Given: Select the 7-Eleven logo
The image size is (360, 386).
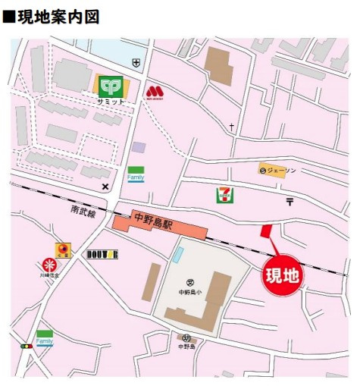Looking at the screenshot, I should [x=225, y=194].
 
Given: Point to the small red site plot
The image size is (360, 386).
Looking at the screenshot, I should [x=265, y=231].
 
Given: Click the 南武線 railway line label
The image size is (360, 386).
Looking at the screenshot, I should [x=83, y=213].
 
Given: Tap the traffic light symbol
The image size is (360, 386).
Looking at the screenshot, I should [x=27, y=346].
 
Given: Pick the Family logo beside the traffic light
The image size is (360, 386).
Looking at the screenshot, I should [x=45, y=337].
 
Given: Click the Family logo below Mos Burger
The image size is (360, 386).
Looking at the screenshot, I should [x=136, y=174].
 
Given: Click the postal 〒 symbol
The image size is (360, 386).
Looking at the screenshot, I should [x=290, y=201].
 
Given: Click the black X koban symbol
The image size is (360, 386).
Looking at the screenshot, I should [x=105, y=186].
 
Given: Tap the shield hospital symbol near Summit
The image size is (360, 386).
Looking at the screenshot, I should [x=136, y=62].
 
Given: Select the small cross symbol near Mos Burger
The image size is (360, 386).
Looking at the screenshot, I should [x=231, y=126].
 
